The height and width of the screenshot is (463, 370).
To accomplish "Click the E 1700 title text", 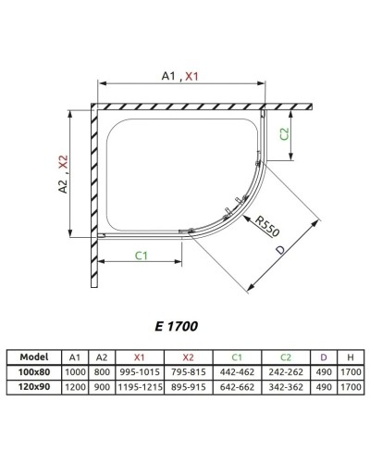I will point(177,325).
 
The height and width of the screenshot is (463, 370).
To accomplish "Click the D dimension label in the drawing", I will point(280,251).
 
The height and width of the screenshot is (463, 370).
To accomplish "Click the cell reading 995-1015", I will point(140,369).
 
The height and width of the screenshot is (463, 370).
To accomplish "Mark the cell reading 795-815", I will point(191,369).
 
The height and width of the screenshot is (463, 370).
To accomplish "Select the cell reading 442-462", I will point(240,369).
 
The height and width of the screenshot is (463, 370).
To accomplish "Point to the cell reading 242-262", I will point(286,369).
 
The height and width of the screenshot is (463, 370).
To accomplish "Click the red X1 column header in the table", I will point(140,357).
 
